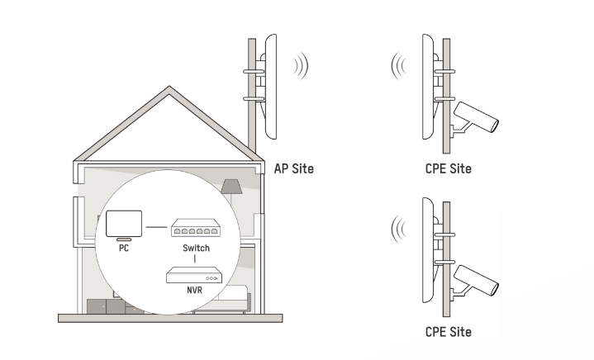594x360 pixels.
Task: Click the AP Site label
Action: coord(293,169)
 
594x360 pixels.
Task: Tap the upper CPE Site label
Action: coord(449,169)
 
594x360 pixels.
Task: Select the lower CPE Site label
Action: coord(449,332)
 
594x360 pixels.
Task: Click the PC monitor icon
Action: coord(123,223)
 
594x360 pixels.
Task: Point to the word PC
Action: coord(123,248)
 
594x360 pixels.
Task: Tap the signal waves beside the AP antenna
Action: coord(302,66)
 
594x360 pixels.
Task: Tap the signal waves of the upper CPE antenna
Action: coord(400,66)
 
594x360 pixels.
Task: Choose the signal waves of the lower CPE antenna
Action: coord(400,226)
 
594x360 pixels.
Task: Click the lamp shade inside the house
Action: coord(231,186)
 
